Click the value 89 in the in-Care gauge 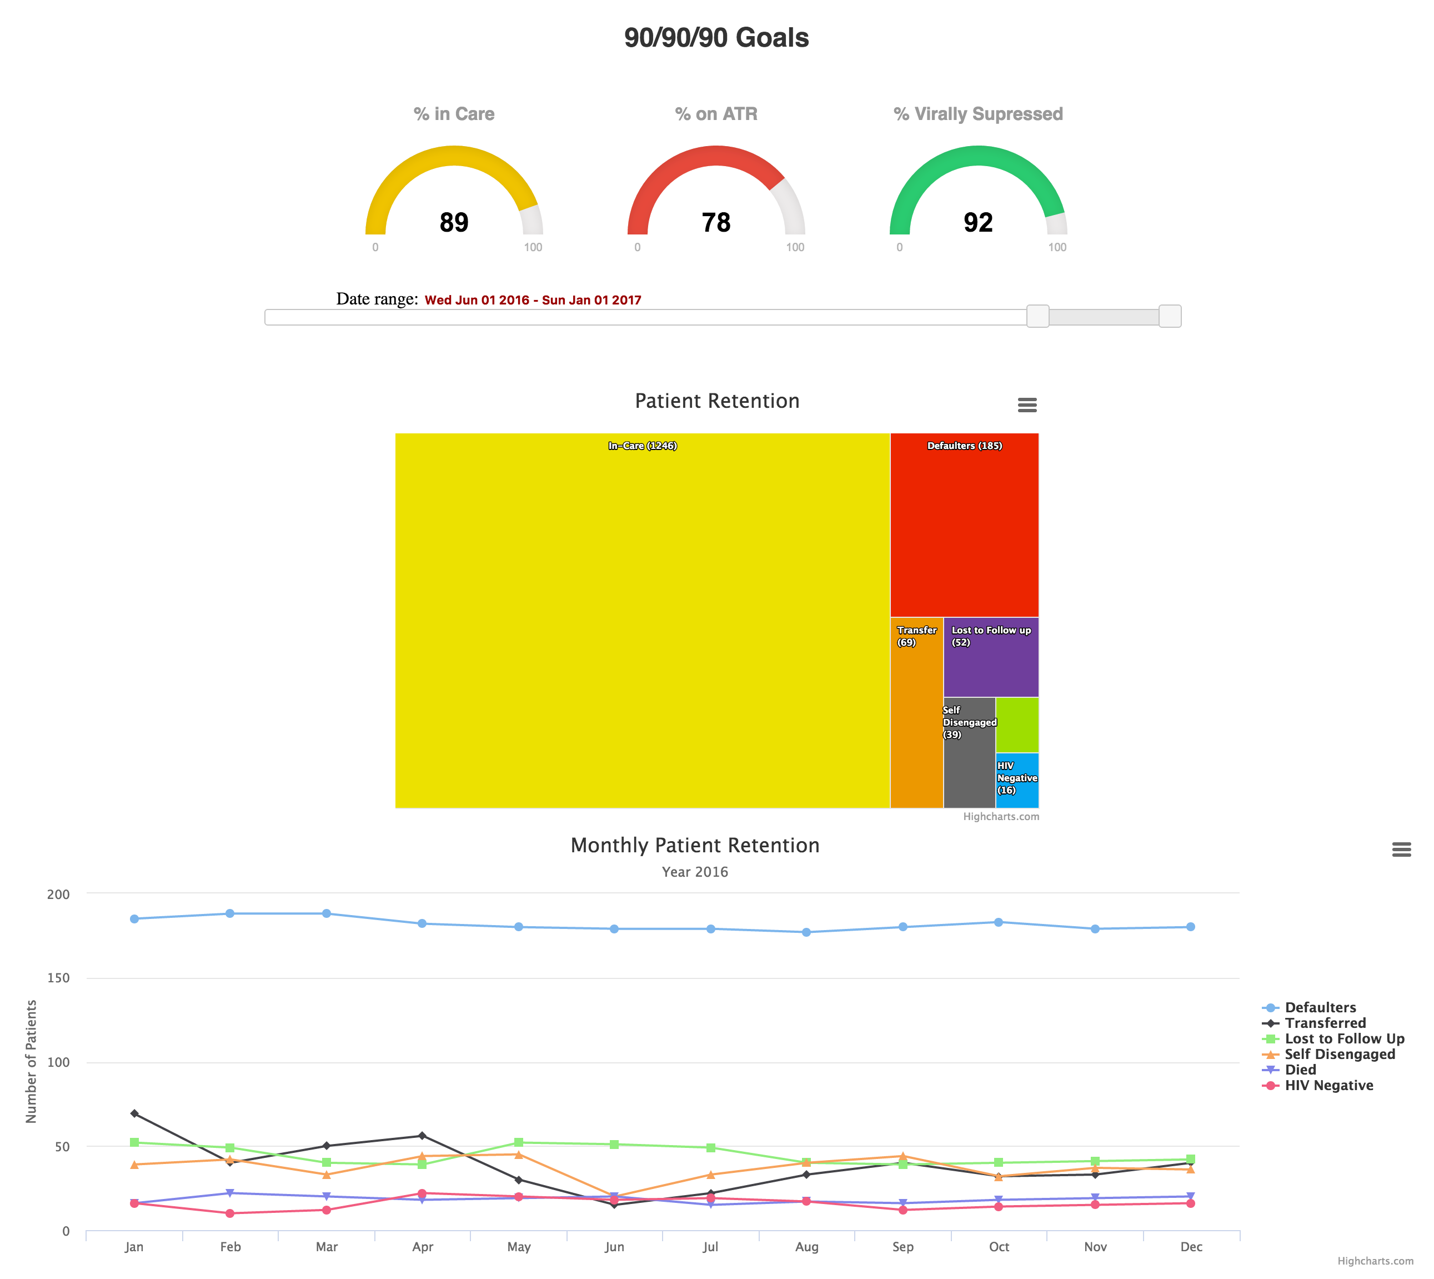(x=454, y=223)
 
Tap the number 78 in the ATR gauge (x=716, y=223)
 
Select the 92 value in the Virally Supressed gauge (x=978, y=223)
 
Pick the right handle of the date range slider (x=1169, y=316)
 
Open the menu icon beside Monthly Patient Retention (x=1401, y=850)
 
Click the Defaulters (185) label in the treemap (x=964, y=446)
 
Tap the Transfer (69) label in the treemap (x=916, y=636)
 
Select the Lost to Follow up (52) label (x=991, y=636)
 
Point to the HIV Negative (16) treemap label (x=1017, y=778)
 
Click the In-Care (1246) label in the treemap (x=642, y=446)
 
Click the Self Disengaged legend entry (x=1339, y=1054)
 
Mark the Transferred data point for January (x=134, y=1114)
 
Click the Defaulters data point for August (x=806, y=932)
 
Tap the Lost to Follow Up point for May (x=519, y=1143)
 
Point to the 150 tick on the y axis (x=58, y=978)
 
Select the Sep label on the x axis (x=903, y=1247)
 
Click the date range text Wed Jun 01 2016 (x=477, y=300)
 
